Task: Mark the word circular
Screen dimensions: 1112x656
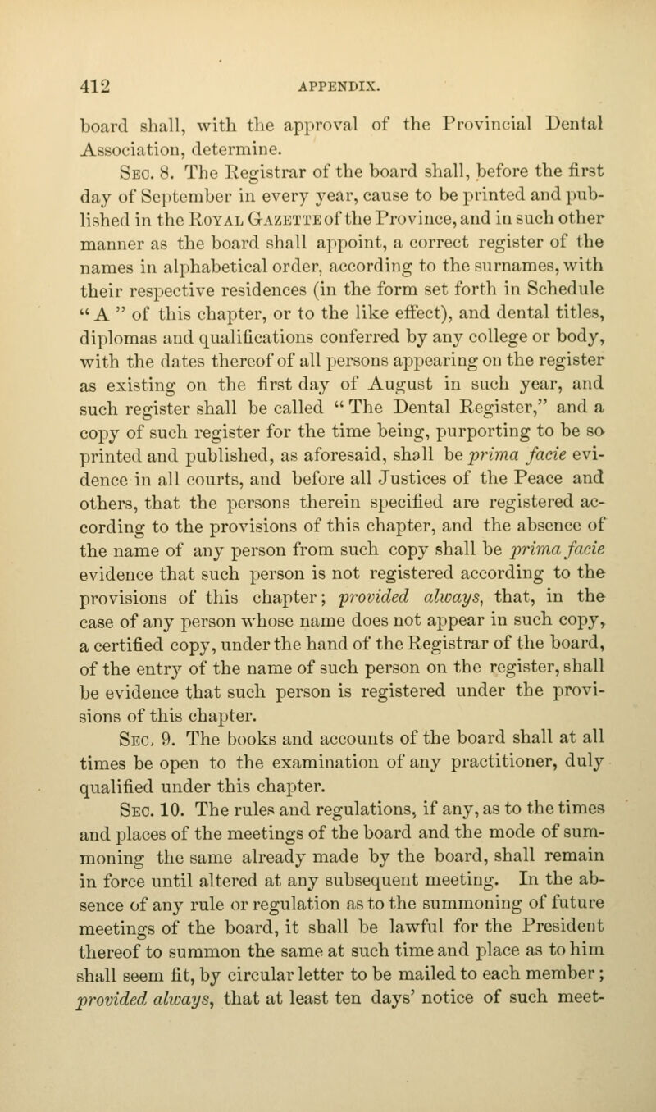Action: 282,1051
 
